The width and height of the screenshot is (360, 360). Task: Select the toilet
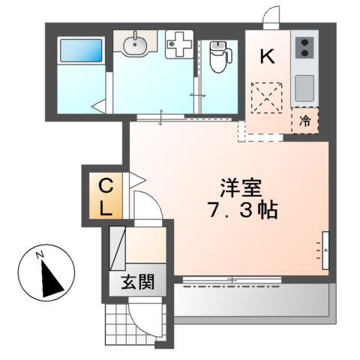tap(219, 56)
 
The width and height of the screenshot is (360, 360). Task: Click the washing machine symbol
tap(178, 46)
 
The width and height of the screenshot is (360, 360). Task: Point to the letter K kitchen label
tap(266, 55)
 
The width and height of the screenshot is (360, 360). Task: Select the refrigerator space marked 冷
tap(305, 119)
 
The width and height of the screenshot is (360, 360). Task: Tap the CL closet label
tap(106, 196)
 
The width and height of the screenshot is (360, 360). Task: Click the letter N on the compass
tap(43, 255)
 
